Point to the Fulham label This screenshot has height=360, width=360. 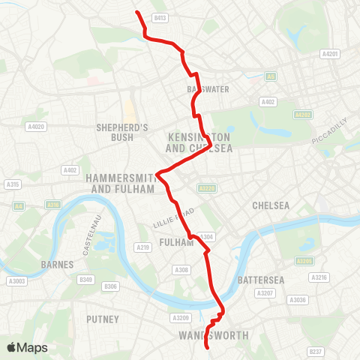click(x=177, y=242)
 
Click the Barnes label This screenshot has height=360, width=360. click(x=58, y=264)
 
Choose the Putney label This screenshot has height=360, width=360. click(x=103, y=319)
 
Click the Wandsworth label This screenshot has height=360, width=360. click(x=214, y=335)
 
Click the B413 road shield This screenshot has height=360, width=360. click(x=159, y=16)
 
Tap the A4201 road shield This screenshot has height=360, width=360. click(x=330, y=53)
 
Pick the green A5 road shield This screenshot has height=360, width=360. click(x=270, y=76)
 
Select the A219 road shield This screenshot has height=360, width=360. click(x=144, y=247)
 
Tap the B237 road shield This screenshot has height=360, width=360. click(x=316, y=350)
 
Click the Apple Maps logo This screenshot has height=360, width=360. click(x=27, y=347)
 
